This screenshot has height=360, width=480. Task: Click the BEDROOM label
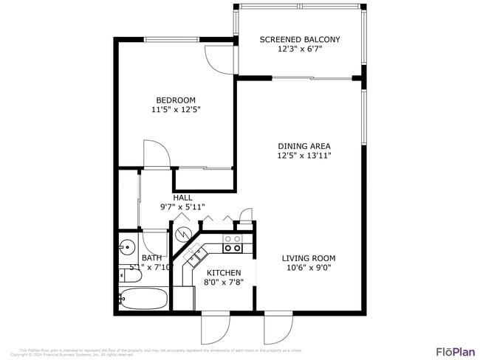coord(175,100)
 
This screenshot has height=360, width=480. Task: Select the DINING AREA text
coord(304,146)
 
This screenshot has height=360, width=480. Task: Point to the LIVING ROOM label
coord(309,258)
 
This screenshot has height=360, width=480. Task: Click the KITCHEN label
coord(224,273)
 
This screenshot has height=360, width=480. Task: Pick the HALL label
coord(182,198)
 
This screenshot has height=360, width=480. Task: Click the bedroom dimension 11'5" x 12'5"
coord(175,110)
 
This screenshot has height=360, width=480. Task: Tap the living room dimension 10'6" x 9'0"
coord(309,269)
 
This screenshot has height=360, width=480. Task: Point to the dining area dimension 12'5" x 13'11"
coord(304,156)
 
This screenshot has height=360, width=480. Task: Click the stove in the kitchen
coord(233,243)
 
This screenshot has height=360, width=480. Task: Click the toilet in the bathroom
coord(123,275)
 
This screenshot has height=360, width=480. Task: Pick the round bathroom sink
coord(126,246)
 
